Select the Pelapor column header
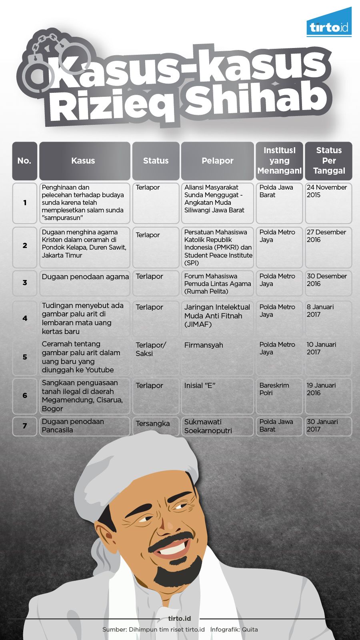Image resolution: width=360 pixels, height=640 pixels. point(217,161)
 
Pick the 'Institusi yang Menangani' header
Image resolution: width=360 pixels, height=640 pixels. point(279,161)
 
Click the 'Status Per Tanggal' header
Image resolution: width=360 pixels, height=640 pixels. point(329,161)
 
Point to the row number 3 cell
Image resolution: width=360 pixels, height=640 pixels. point(25,283)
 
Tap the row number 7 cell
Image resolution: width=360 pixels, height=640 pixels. point(25,426)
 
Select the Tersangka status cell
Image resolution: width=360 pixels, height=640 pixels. point(156,426)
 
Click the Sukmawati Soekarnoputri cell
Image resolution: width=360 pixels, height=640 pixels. point(217,426)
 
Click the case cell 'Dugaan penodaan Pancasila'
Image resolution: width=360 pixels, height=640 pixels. point(84,426)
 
